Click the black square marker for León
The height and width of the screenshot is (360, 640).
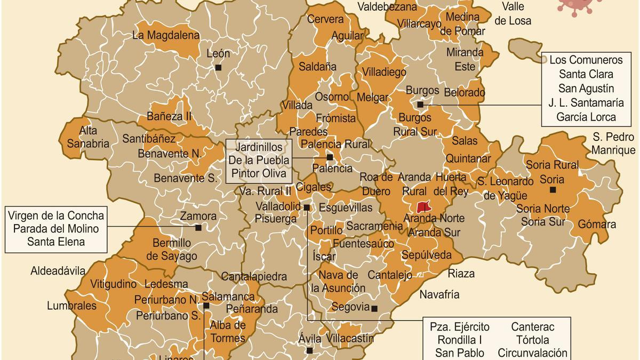tap(218, 67)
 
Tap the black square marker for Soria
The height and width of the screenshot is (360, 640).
tap(553, 189)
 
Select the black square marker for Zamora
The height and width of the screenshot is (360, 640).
tap(198, 228)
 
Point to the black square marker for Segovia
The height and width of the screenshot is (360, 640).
tap(374, 308)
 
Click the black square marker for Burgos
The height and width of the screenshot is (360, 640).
tap(420, 105)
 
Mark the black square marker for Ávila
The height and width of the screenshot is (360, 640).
tap(309, 350)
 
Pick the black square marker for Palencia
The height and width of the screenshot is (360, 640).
tap(330, 157)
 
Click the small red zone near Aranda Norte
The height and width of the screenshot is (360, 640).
tap(423, 206)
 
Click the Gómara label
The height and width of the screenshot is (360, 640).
tap(597, 224)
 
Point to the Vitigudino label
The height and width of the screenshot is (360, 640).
tap(114, 284)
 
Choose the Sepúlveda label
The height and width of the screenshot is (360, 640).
tap(427, 254)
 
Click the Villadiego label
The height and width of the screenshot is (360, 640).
tap(384, 71)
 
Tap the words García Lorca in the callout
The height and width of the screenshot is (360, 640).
tap(586, 117)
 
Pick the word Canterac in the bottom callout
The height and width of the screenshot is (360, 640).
tap(532, 326)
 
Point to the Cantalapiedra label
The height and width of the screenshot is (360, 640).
tap(254, 277)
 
